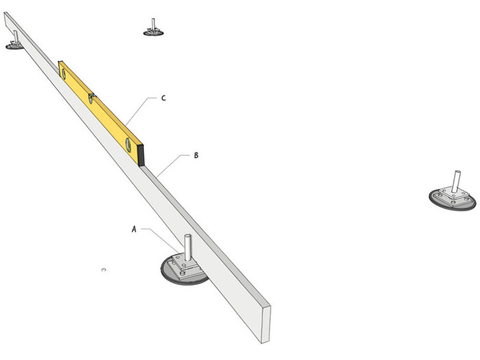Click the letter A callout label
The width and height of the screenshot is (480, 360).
[134, 230]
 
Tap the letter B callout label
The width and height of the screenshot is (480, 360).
[196, 156]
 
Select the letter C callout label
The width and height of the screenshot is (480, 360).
[163, 98]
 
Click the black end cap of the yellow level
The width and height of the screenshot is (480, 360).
[142, 155]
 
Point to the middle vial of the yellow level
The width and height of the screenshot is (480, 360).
[91, 99]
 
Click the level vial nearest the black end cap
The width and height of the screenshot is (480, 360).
[127, 144]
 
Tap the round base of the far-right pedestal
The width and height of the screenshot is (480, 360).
[439, 204]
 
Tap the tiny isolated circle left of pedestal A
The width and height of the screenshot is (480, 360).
[104, 269]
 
